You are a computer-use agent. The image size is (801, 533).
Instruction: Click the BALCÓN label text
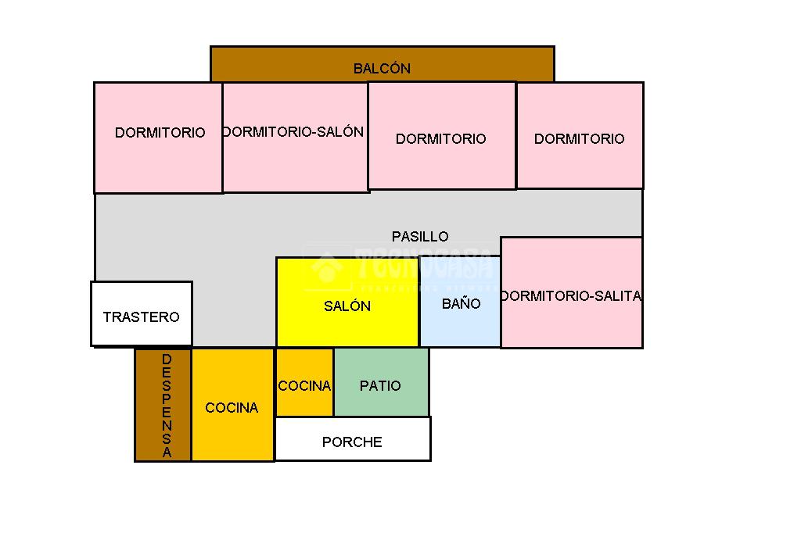pos(382,69)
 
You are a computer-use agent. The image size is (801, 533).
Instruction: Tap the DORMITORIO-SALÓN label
pos(293,132)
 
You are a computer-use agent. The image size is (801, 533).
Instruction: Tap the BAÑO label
pos(462,303)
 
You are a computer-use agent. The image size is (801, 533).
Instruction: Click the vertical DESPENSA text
pos(167,406)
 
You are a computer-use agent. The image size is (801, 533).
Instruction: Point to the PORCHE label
pos(352,442)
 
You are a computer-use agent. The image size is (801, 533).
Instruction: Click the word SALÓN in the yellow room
pos(347,306)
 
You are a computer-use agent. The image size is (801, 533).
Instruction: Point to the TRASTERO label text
pos(141,317)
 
